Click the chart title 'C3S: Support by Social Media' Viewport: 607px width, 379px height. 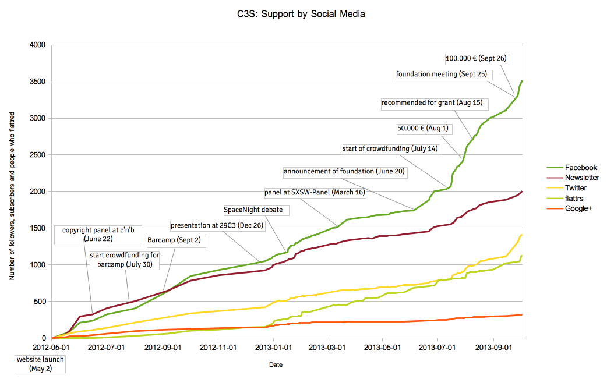297,13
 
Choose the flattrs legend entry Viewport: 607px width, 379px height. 573,198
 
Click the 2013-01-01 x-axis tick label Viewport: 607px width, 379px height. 273,348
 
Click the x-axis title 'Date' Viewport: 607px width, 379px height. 276,365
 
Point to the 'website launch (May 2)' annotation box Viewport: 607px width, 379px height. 40,364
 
